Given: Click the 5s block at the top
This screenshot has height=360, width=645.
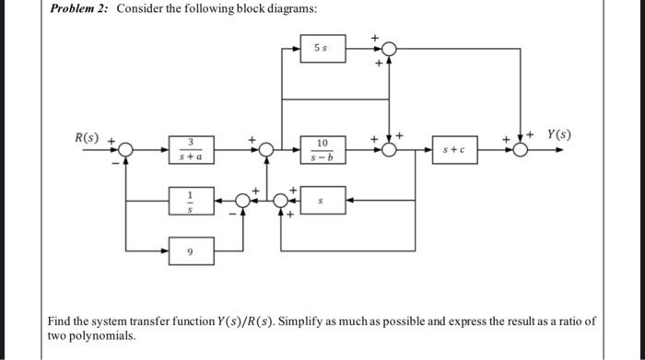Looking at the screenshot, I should pyautogui.click(x=322, y=49).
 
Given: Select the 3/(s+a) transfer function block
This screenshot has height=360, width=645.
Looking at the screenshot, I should pyautogui.click(x=190, y=148).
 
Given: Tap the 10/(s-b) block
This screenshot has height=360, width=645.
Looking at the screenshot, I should pyautogui.click(x=322, y=148).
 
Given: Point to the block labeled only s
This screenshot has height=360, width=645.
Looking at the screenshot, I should pyautogui.click(x=322, y=199).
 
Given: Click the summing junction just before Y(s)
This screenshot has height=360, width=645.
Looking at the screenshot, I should pyautogui.click(x=521, y=149).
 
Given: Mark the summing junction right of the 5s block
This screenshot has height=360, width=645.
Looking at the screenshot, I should pyautogui.click(x=391, y=49).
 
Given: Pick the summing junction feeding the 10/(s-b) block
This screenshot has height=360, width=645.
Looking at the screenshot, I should pyautogui.click(x=265, y=149).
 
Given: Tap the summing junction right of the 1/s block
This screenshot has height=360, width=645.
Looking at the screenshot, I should pyautogui.click(x=243, y=199).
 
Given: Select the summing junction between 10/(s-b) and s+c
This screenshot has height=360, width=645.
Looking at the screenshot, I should pyautogui.click(x=391, y=149).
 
